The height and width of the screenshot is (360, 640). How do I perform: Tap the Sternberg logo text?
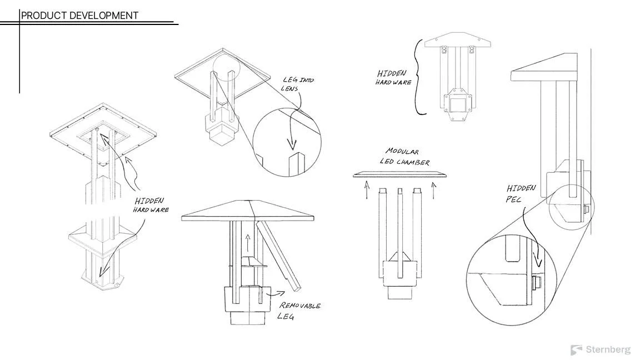[x=608, y=349]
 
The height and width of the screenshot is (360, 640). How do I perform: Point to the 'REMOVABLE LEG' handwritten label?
[x=299, y=311]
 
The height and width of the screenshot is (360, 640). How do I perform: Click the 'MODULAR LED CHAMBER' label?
[x=404, y=156]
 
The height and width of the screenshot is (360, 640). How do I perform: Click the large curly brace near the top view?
[x=418, y=77]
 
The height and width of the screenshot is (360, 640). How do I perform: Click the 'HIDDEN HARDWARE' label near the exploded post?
[x=151, y=205]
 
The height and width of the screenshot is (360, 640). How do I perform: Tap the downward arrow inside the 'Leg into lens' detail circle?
[x=291, y=139]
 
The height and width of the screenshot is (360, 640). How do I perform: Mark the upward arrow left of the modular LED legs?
[x=366, y=192]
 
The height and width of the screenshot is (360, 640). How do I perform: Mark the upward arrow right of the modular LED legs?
[x=433, y=192]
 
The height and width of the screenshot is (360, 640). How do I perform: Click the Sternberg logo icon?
[x=576, y=350]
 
